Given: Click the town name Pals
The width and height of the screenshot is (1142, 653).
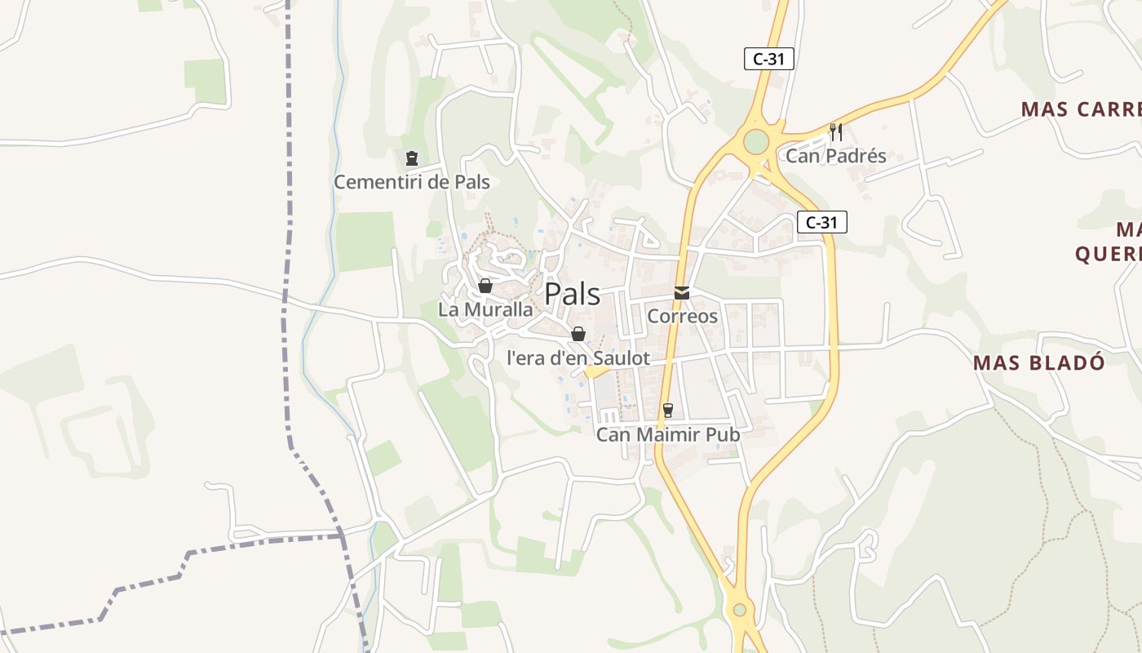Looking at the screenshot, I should [572, 294].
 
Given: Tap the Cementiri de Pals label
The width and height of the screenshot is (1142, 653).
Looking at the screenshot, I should [412, 182].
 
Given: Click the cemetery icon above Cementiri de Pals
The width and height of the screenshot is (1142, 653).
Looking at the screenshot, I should [412, 158].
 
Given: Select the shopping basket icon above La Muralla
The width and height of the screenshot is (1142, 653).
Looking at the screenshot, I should [485, 286].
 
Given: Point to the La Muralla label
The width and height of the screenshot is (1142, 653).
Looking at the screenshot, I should [485, 310].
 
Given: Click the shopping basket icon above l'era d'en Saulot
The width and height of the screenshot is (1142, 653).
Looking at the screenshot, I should [578, 334].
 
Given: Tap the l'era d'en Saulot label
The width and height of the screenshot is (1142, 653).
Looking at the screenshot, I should [578, 358].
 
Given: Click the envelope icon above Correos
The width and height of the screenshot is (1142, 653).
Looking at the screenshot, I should [681, 293].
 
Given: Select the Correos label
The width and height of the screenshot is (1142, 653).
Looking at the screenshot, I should [682, 317].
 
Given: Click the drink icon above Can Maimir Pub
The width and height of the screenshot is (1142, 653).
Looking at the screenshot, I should [668, 411].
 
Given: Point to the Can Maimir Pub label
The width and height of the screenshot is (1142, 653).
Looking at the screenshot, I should [668, 434].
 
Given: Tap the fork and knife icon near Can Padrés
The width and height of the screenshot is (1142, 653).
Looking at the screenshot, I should [835, 131].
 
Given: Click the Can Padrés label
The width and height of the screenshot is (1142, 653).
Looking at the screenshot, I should [835, 156].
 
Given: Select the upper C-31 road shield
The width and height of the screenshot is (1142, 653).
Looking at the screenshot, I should [768, 59].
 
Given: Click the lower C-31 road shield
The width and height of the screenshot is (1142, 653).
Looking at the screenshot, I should [821, 222].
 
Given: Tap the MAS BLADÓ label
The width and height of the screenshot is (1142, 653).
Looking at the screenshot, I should [1039, 363].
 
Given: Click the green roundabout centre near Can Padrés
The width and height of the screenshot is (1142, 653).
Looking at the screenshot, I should [756, 141].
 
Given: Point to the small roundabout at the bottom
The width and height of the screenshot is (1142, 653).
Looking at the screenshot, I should [739, 609].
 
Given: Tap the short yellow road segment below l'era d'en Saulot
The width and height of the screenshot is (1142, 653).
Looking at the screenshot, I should [597, 372].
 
